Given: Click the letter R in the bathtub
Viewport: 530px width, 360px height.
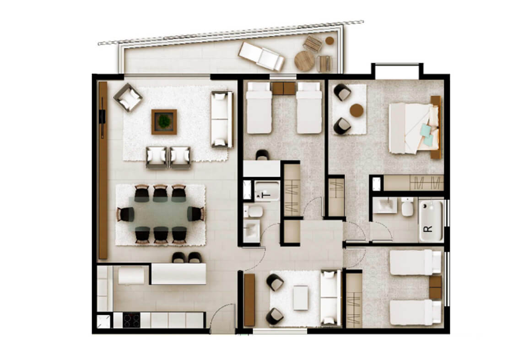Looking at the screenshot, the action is tap(427, 229).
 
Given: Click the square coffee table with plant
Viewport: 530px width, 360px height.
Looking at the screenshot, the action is tap(164, 122).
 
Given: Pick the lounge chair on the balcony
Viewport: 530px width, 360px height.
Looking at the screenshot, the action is tap(261, 56).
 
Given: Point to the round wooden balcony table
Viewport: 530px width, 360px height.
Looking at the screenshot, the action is tap(304, 61).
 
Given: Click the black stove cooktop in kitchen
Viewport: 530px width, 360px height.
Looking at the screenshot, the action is tap(131, 320).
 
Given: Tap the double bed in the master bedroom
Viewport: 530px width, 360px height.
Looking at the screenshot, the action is tap(414, 128).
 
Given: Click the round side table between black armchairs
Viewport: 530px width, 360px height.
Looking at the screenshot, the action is tap(357, 110).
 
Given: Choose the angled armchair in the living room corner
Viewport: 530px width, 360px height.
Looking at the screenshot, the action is tap(128, 97).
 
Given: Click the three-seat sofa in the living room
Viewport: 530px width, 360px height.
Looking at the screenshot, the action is tap(222, 119).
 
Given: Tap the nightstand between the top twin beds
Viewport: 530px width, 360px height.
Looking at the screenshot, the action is tap(284, 88).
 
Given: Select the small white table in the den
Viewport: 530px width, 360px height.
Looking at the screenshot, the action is tap(301, 298).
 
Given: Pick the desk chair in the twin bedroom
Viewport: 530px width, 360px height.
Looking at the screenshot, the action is tap(262, 155).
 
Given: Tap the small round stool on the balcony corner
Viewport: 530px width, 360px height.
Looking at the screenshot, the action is tap(330, 41).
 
